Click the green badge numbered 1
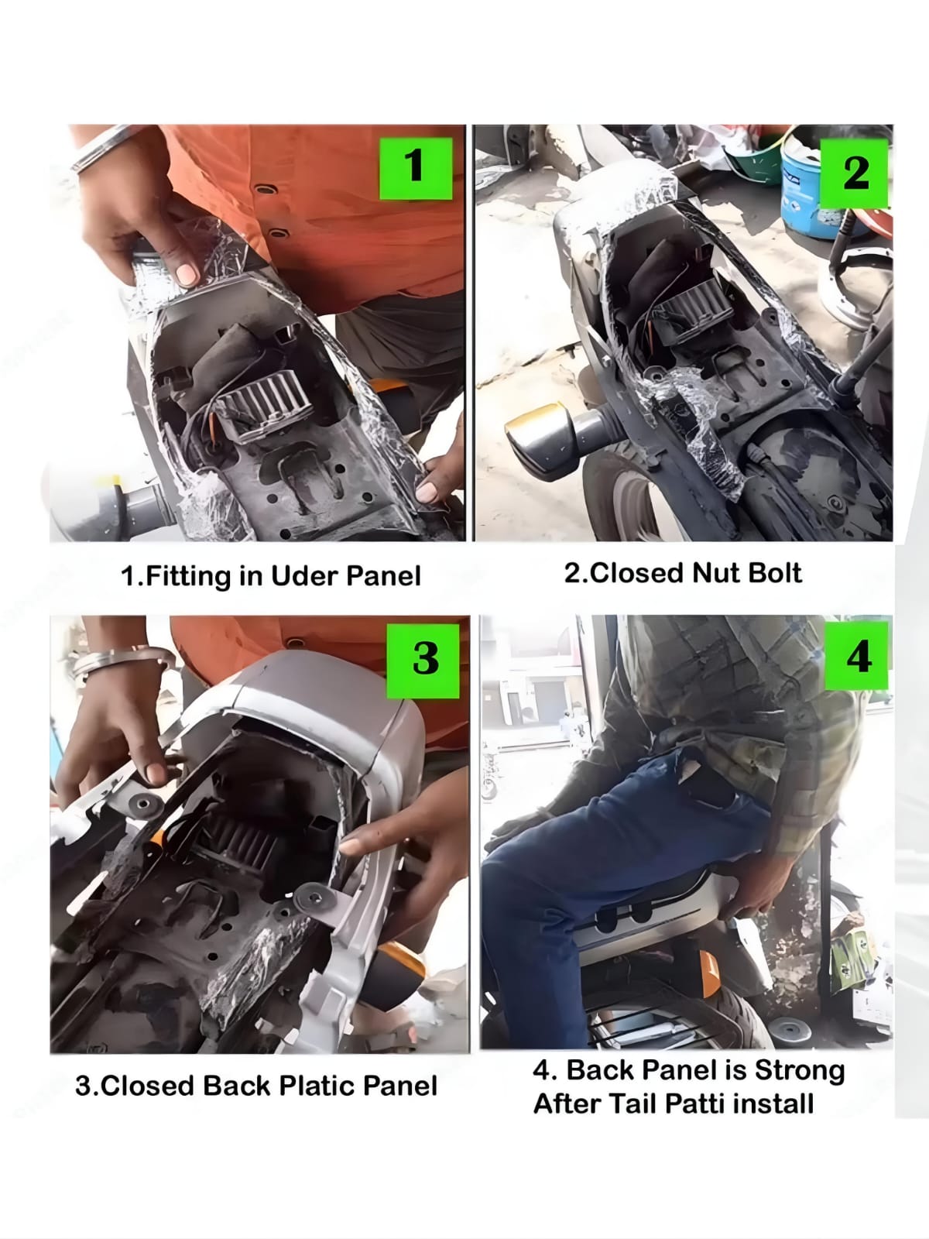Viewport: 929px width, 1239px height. pos(416,168)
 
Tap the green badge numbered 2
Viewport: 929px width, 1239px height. pos(853,173)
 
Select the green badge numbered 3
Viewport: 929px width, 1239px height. pos(423,661)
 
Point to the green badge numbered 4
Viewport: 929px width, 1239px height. pos(857,655)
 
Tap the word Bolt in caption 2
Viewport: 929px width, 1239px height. pos(774,572)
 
